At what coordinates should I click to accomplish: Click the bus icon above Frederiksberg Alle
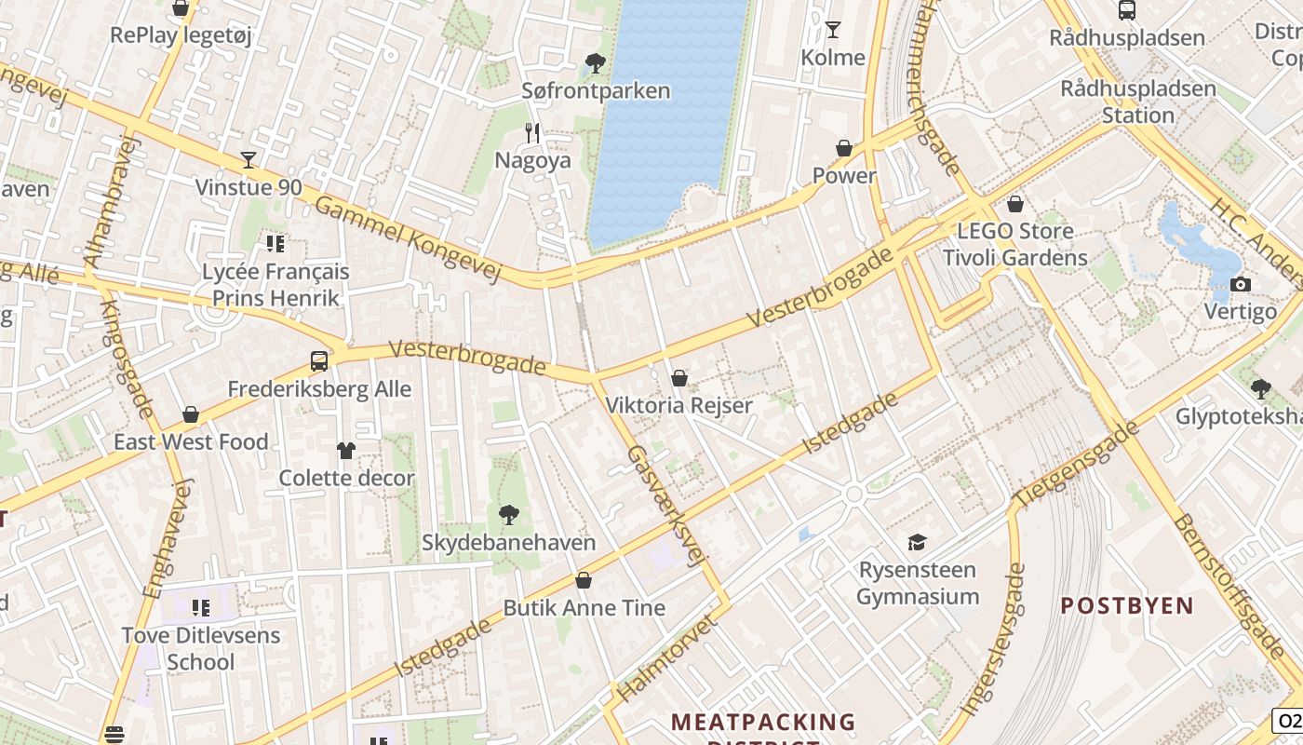(319, 360)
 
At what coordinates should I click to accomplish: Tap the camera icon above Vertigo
(1240, 284)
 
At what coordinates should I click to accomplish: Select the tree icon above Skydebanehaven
(508, 514)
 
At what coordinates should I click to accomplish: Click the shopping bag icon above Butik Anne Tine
(584, 580)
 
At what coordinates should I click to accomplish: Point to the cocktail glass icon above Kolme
(833, 30)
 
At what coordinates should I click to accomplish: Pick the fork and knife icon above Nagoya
(532, 133)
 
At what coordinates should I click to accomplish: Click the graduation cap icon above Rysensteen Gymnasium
(918, 542)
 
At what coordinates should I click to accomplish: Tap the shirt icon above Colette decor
(346, 451)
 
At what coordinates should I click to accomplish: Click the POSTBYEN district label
(1127, 605)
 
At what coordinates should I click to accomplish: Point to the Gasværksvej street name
(664, 506)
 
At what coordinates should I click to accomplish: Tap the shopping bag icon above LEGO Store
(1015, 203)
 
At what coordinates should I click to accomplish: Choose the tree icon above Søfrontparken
(595, 63)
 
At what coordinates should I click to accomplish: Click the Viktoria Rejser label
(678, 405)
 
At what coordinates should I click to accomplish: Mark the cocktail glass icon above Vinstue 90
(249, 160)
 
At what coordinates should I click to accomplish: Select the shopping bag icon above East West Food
(191, 414)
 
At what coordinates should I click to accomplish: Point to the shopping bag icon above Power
(844, 148)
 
